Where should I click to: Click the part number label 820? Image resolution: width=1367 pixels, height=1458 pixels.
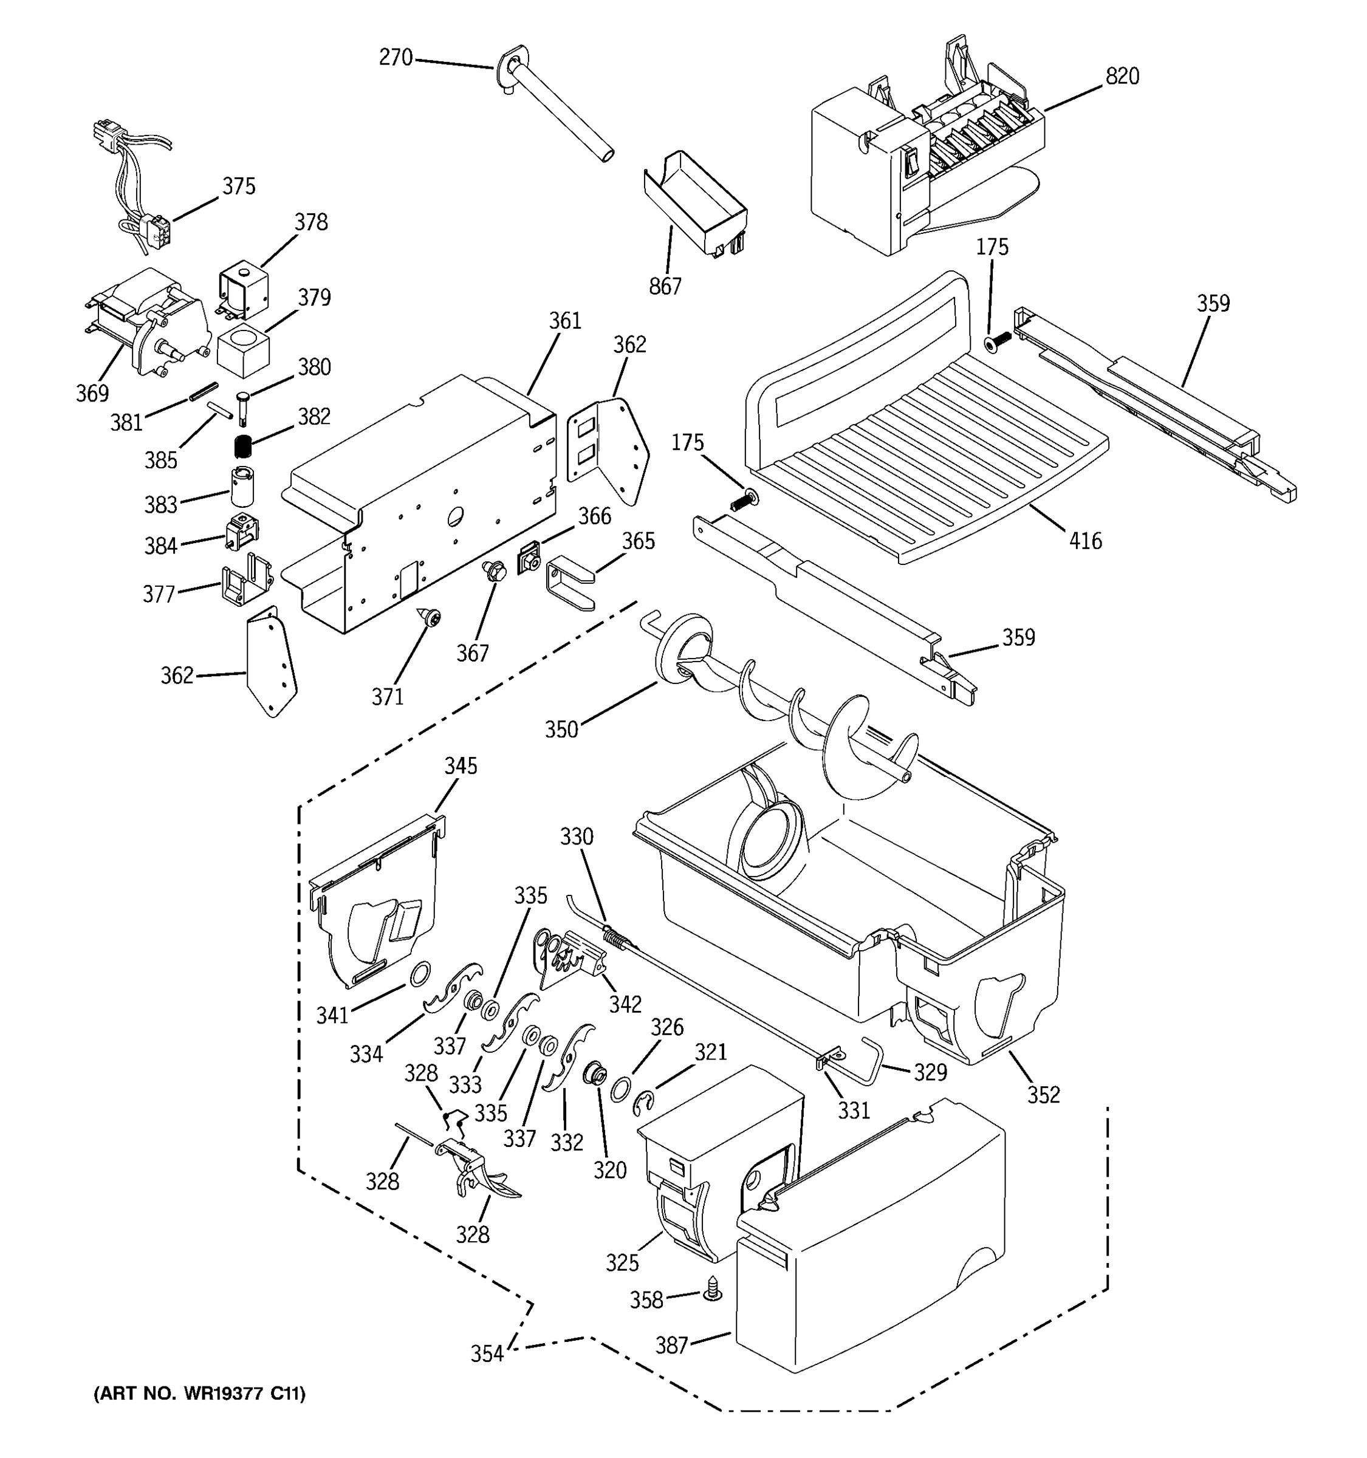pyautogui.click(x=1122, y=77)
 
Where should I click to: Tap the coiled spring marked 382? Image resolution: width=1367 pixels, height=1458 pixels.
pyautogui.click(x=243, y=446)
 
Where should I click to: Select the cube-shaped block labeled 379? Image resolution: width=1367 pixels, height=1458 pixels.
pyautogui.click(x=243, y=347)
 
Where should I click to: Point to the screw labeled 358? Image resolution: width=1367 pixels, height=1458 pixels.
pyautogui.click(x=712, y=1289)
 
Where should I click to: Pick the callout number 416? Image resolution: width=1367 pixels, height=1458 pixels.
pyautogui.click(x=1084, y=541)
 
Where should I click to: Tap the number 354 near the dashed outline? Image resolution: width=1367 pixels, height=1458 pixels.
pyautogui.click(x=487, y=1354)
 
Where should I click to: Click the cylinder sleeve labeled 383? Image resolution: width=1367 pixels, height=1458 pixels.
pyautogui.click(x=242, y=486)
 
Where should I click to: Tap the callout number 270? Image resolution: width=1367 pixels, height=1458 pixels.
pyautogui.click(x=396, y=57)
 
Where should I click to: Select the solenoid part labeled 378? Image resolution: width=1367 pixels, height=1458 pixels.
pyautogui.click(x=243, y=292)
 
